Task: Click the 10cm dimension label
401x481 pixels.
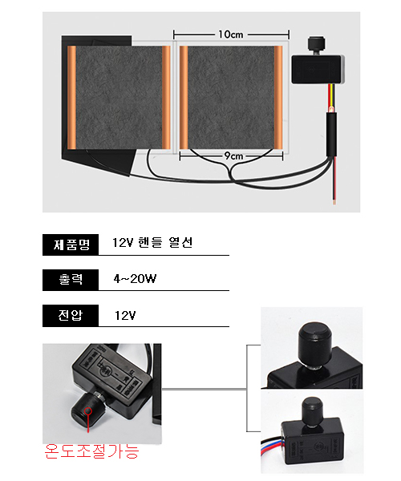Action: click(x=231, y=34)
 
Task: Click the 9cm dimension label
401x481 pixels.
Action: click(x=233, y=156)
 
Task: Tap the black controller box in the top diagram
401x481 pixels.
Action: click(x=318, y=69)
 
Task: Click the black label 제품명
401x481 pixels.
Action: click(x=71, y=245)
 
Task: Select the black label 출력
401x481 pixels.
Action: click(x=71, y=280)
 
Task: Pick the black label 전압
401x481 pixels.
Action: click(x=71, y=315)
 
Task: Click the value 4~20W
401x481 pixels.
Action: click(x=135, y=279)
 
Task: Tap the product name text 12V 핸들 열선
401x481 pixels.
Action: click(x=152, y=243)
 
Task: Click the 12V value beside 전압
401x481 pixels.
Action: click(x=125, y=315)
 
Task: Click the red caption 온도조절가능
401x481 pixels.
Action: click(x=91, y=451)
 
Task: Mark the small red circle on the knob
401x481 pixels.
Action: click(x=88, y=410)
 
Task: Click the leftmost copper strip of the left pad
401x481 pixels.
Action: click(x=71, y=98)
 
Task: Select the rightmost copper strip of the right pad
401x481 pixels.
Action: click(x=278, y=98)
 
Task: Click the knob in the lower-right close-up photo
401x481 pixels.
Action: click(x=312, y=411)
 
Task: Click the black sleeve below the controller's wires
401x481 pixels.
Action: click(x=331, y=135)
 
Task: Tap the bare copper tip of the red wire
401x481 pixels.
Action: click(x=334, y=201)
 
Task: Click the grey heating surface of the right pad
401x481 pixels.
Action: click(x=231, y=98)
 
